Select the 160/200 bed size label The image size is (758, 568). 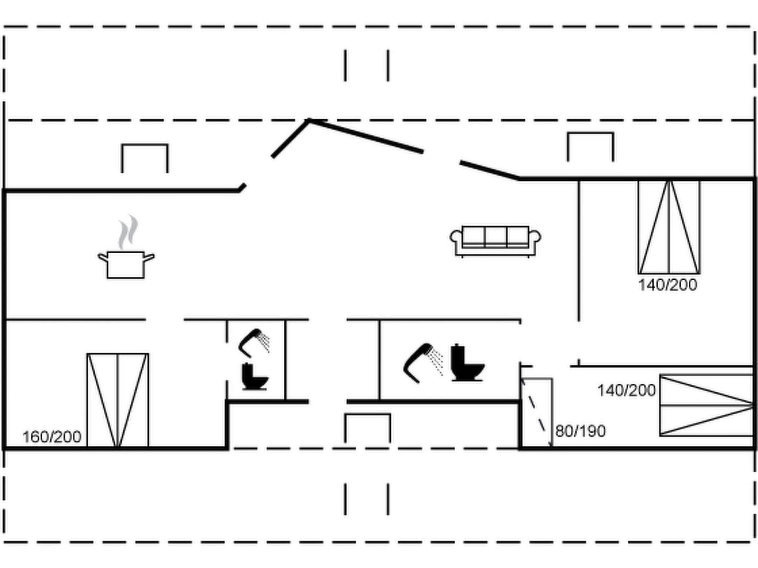coord(52,436)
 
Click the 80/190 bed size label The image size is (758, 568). coord(580,431)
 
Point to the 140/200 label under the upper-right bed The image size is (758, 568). coord(668,285)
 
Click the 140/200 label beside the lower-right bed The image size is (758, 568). coord(626,390)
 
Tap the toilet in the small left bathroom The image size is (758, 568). coord(254,377)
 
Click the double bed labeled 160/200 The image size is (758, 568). coord(117,400)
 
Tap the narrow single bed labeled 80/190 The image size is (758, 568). coord(537,412)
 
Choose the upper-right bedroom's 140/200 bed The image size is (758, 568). coord(668,227)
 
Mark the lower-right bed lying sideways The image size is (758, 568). coord(706,405)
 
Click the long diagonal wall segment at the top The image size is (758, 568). coord(366,136)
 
